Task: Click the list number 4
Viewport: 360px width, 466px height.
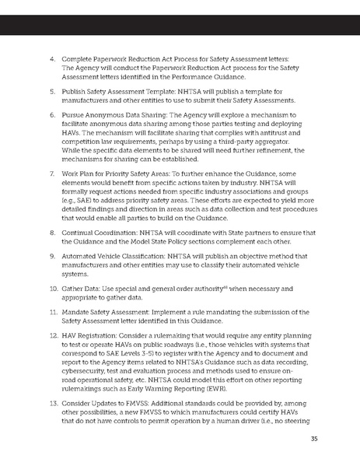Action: [53, 58]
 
